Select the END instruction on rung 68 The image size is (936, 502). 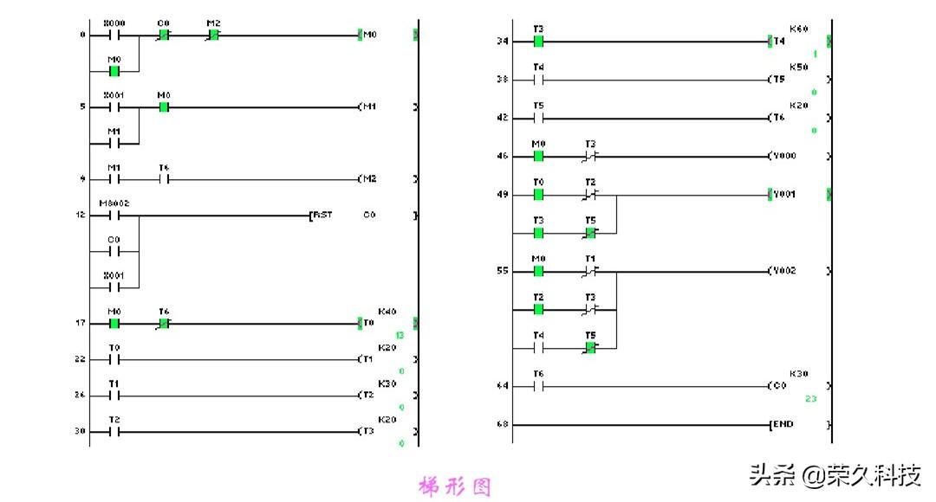[783, 425]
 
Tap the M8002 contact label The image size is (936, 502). [114, 203]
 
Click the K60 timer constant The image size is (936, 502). [798, 29]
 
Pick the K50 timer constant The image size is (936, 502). [798, 68]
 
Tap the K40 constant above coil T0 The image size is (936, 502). [387, 312]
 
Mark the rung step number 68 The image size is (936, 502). [503, 425]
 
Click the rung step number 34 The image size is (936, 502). [503, 42]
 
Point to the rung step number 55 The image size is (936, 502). [503, 271]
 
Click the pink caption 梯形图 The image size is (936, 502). [454, 487]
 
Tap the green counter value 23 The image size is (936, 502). [810, 399]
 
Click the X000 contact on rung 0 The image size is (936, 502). [114, 35]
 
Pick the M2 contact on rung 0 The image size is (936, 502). [213, 35]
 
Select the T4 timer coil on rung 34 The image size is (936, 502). [780, 42]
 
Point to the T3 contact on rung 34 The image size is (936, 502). [538, 42]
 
